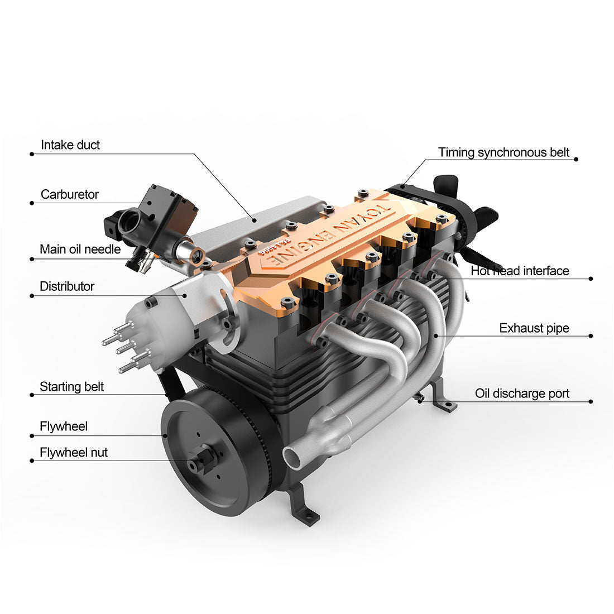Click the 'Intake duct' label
(70, 145)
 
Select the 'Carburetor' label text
(69, 195)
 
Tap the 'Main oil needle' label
(80, 249)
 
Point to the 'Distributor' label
(67, 286)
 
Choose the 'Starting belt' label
(71, 387)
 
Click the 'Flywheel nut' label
(74, 452)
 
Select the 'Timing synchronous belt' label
(503, 152)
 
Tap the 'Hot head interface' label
(520, 271)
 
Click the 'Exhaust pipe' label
(534, 328)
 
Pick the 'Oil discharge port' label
(522, 394)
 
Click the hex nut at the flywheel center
(201, 462)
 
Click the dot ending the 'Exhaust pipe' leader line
(591, 336)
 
